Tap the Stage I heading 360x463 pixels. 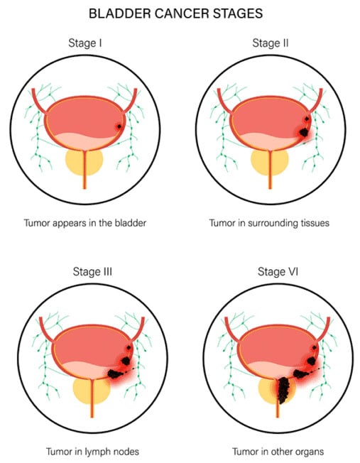click(85, 43)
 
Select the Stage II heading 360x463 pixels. click(271, 43)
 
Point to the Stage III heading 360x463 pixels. click(92, 271)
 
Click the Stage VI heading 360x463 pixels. click(278, 271)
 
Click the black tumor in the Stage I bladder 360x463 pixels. click(119, 126)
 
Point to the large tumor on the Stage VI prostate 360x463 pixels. click(284, 390)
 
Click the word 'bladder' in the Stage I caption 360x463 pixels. click(131, 223)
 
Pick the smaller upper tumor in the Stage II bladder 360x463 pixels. click(307, 119)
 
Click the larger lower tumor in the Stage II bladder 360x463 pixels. click(303, 132)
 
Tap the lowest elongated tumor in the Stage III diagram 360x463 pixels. click(116, 374)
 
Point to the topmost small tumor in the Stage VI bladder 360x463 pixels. click(315, 347)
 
